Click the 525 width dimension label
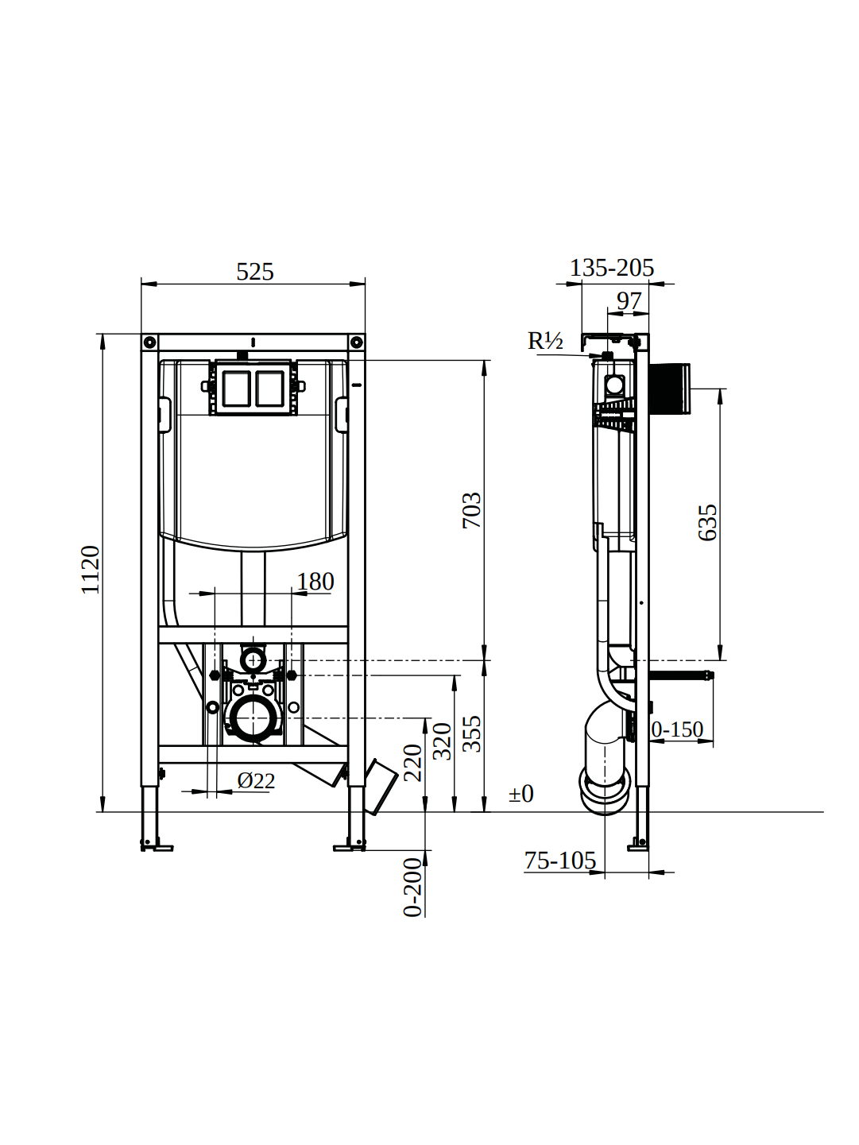tap(255, 272)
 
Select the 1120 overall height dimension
tap(91, 570)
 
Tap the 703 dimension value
tap(472, 510)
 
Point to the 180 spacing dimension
tap(315, 582)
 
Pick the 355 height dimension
tap(472, 733)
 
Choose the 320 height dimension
tap(443, 741)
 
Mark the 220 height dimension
tap(412, 763)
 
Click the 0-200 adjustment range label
tap(412, 888)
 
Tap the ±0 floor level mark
tap(521, 794)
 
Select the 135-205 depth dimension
tap(611, 268)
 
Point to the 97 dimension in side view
tap(629, 301)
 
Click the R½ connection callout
tap(545, 341)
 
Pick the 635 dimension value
tap(707, 523)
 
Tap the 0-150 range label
tap(677, 729)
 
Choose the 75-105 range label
tap(559, 861)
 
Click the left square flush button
tap(236, 389)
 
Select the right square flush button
tap(269, 389)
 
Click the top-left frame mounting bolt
tap(149, 342)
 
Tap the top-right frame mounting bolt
tap(357, 342)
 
